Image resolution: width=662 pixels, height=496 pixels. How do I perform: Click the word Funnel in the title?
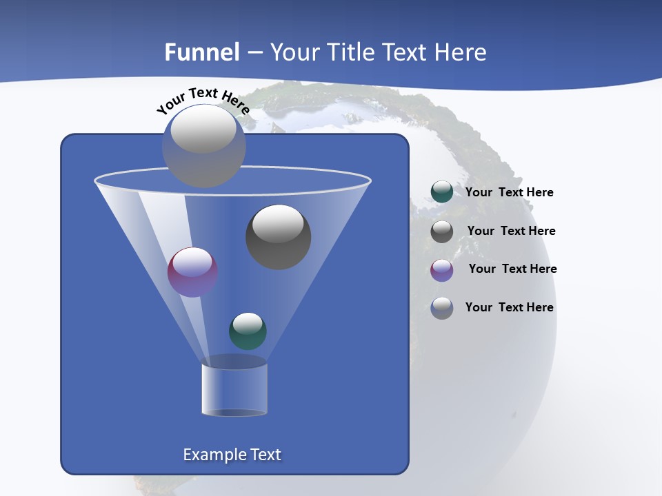(202, 52)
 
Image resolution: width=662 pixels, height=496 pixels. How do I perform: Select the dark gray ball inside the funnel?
(279, 237)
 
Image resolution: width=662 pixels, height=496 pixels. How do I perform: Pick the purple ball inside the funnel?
(192, 272)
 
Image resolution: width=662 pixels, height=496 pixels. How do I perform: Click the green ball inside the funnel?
(248, 331)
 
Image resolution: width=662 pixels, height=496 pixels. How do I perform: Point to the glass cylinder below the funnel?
(234, 388)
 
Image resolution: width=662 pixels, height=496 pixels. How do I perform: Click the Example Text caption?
(232, 455)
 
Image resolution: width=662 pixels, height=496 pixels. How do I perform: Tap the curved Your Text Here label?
(203, 100)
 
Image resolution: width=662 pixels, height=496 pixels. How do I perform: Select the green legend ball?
(442, 192)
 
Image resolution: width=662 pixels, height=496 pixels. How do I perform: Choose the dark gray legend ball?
(442, 231)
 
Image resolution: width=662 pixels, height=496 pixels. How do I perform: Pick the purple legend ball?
(442, 270)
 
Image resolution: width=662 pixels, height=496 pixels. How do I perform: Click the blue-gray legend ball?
(442, 308)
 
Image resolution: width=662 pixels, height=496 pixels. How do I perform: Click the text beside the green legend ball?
(509, 193)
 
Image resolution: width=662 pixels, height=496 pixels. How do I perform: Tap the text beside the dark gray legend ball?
(511, 231)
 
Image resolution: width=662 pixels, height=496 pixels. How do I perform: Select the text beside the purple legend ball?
(512, 269)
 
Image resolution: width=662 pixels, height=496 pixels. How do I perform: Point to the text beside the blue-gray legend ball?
(509, 308)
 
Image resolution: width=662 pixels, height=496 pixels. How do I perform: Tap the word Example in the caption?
(213, 455)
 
